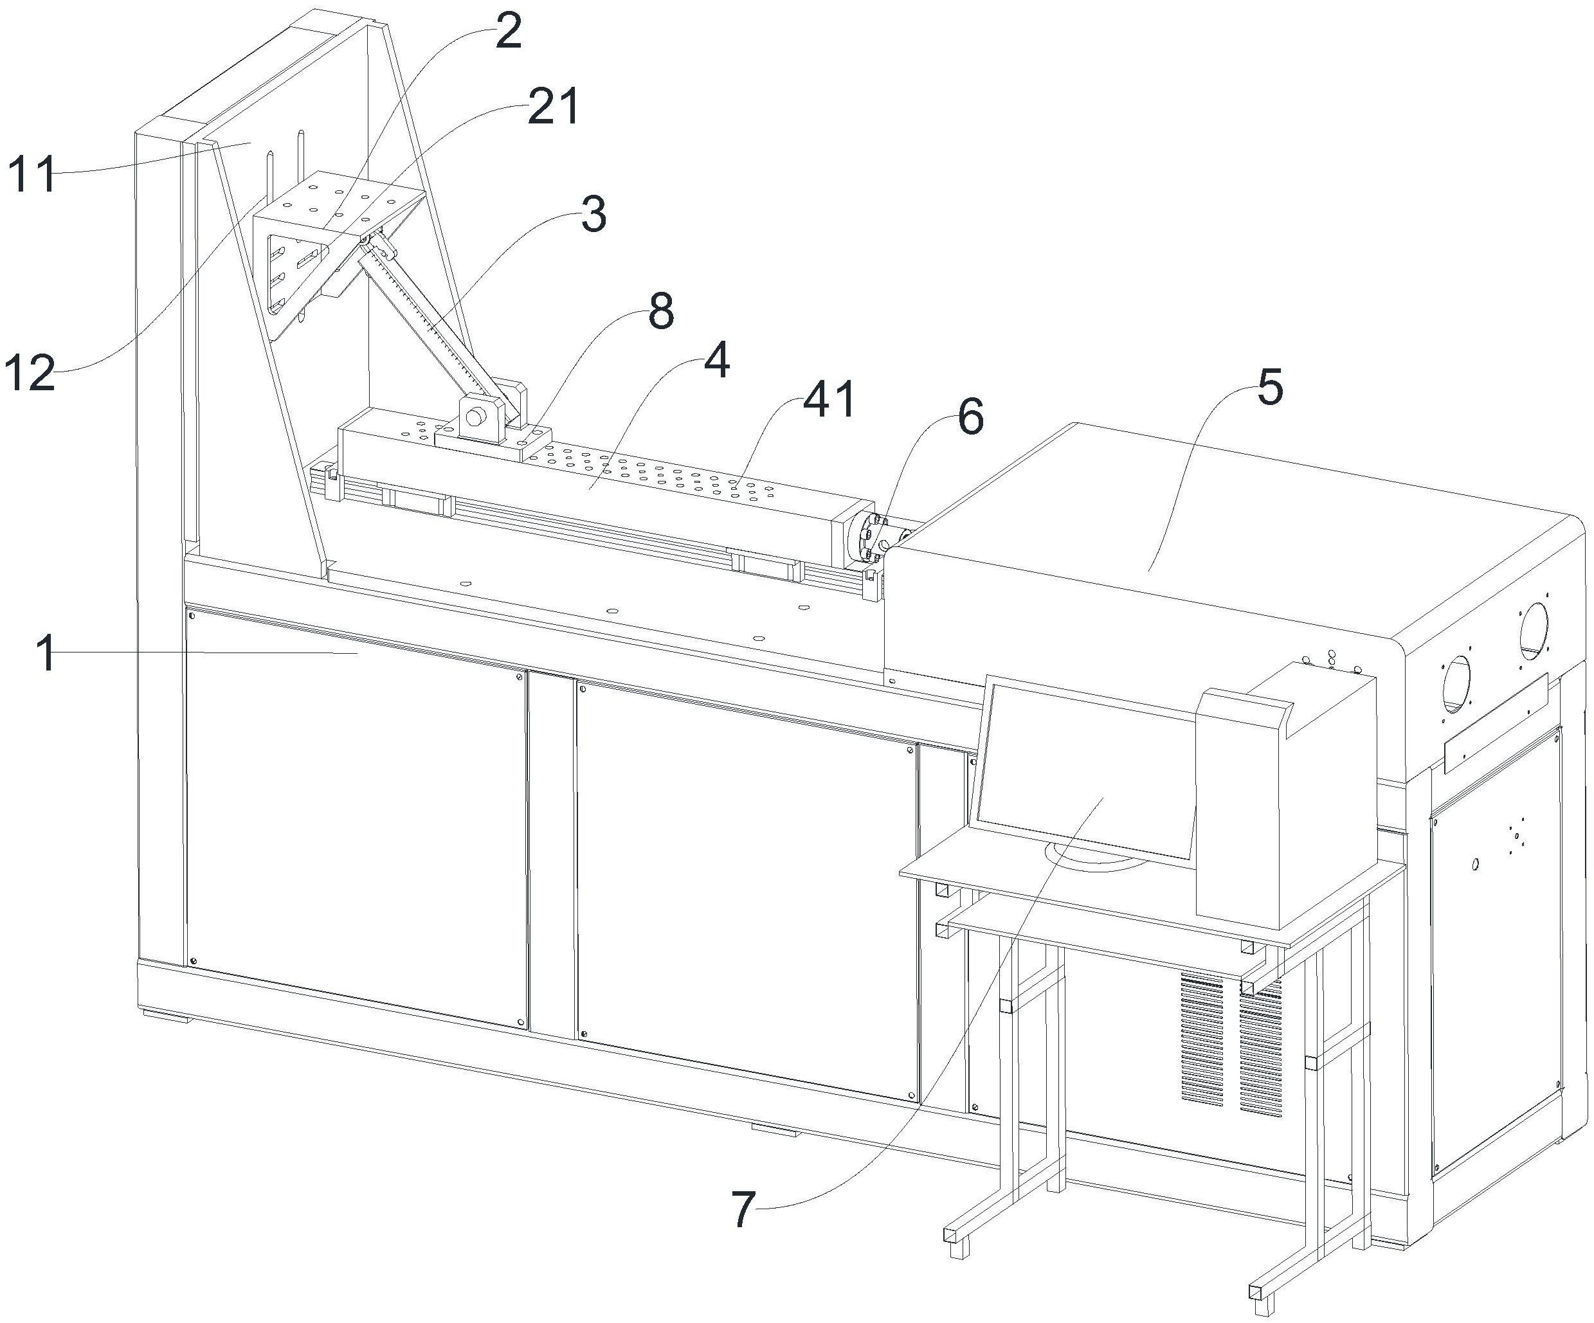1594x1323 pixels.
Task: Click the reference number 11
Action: coord(32,174)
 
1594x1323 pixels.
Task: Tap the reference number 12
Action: coord(30,373)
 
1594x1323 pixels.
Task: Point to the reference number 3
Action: coord(593,215)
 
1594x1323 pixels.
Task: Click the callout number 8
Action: coord(660,311)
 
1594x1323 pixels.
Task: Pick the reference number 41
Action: coord(829,399)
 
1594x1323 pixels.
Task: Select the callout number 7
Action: coord(743,1209)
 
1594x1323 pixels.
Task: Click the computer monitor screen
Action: coord(1085,774)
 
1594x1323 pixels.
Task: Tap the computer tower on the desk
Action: coord(1283,805)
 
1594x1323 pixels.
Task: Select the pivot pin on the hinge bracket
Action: coord(476,417)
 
